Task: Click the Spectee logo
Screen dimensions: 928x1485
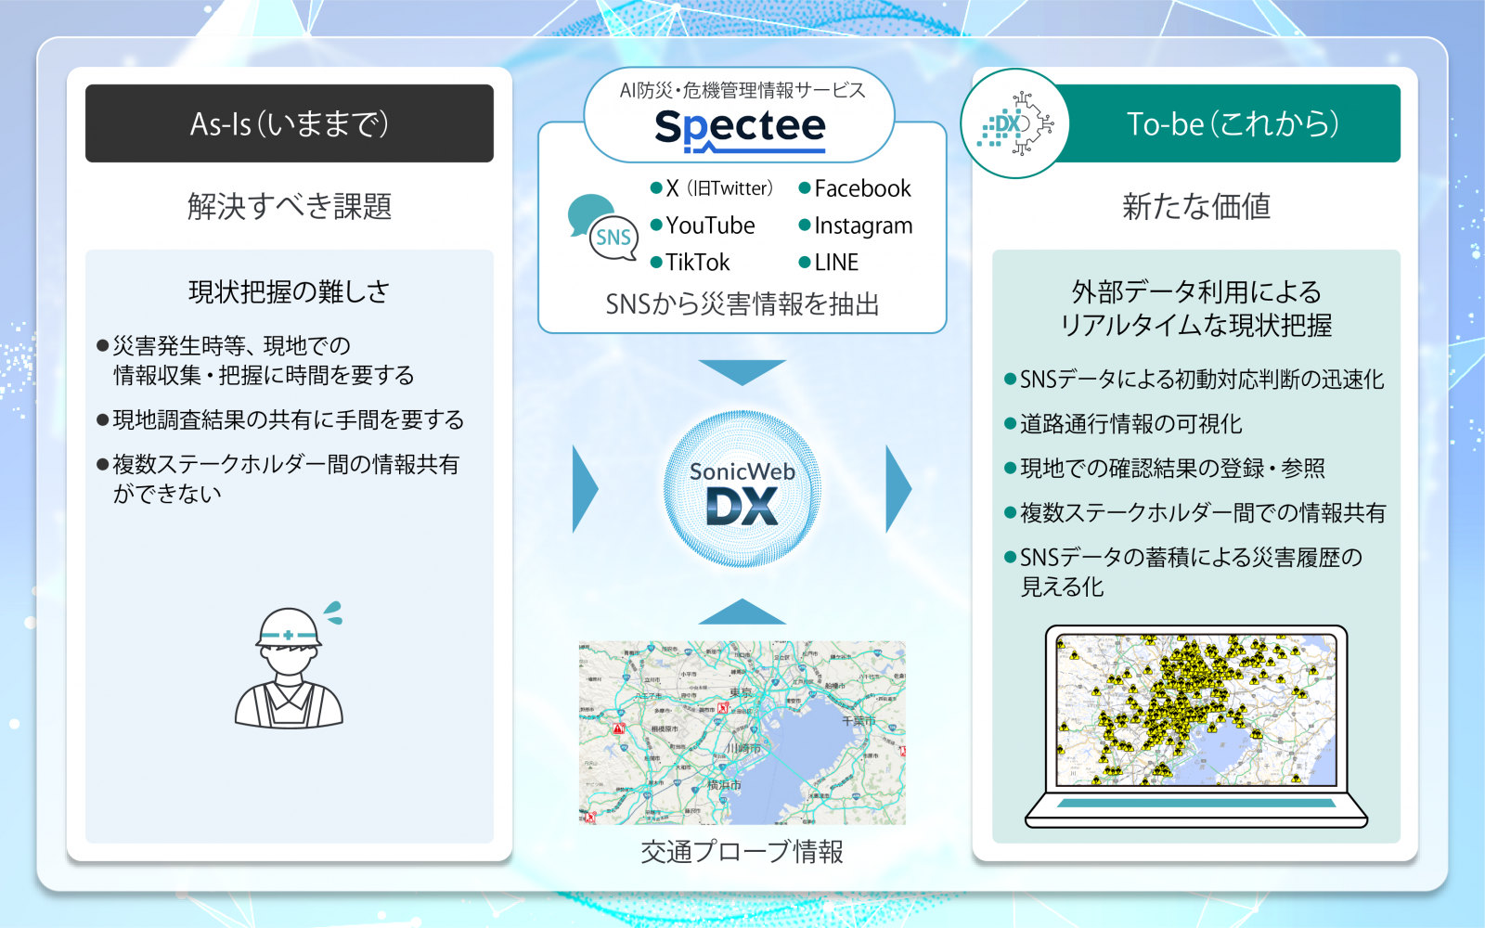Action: click(740, 128)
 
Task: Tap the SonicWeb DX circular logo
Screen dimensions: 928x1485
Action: click(742, 489)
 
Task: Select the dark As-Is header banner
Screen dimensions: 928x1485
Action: click(290, 123)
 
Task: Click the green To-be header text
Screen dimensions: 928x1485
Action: click(1233, 123)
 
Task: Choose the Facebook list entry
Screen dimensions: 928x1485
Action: click(862, 188)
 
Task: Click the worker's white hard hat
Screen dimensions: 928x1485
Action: click(290, 627)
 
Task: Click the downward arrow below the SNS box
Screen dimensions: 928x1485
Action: click(742, 371)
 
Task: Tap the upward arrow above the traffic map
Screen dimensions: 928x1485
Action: click(742, 612)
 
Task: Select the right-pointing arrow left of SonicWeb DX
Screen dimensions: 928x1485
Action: click(585, 489)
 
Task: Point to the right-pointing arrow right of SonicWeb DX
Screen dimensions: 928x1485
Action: click(898, 489)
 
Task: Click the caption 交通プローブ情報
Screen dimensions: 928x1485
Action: click(742, 851)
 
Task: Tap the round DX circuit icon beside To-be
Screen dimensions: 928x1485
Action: click(1015, 123)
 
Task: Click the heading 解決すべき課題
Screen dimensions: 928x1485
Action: click(290, 206)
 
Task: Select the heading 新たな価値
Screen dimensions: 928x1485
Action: click(1195, 206)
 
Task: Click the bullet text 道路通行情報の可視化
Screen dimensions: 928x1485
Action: click(1130, 424)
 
